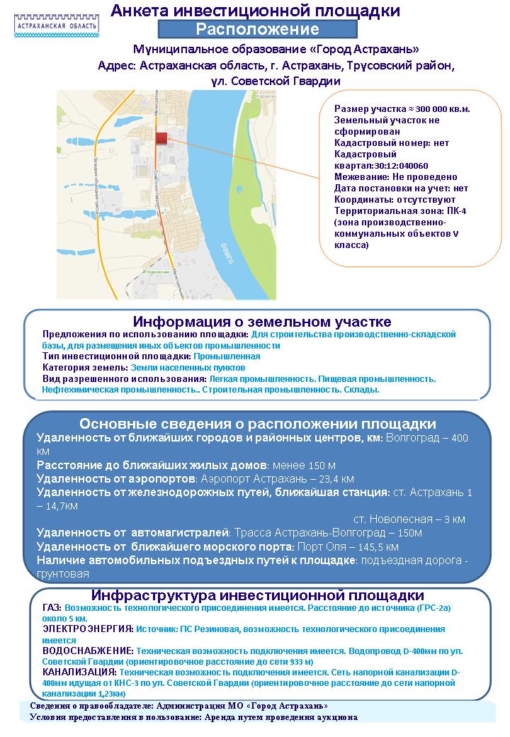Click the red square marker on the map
click(x=161, y=138)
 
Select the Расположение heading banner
click(x=257, y=30)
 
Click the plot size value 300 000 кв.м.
click(x=438, y=109)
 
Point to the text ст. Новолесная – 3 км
click(x=409, y=519)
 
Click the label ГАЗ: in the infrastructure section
click(x=52, y=608)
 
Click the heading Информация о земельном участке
click(x=262, y=322)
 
